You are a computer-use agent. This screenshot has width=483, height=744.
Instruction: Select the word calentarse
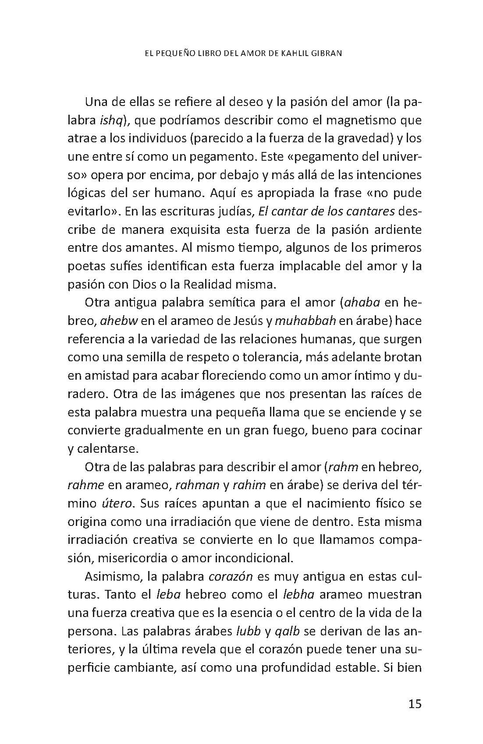[x=103, y=448]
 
